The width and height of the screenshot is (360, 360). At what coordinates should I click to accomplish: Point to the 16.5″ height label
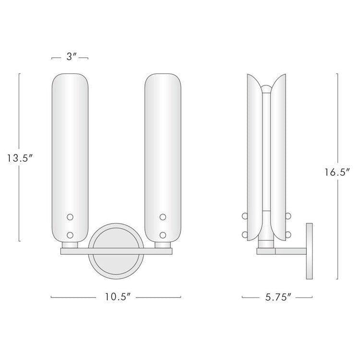tap(337, 172)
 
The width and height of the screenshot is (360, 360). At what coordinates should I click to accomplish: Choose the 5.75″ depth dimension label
tap(278, 297)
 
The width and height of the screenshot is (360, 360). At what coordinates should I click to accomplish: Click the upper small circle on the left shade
tap(70, 217)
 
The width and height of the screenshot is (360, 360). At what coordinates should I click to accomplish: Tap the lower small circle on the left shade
tap(70, 235)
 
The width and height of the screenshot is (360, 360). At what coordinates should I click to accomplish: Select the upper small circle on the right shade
tap(163, 217)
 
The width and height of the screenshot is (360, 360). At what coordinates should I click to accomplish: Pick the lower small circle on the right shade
tap(163, 235)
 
